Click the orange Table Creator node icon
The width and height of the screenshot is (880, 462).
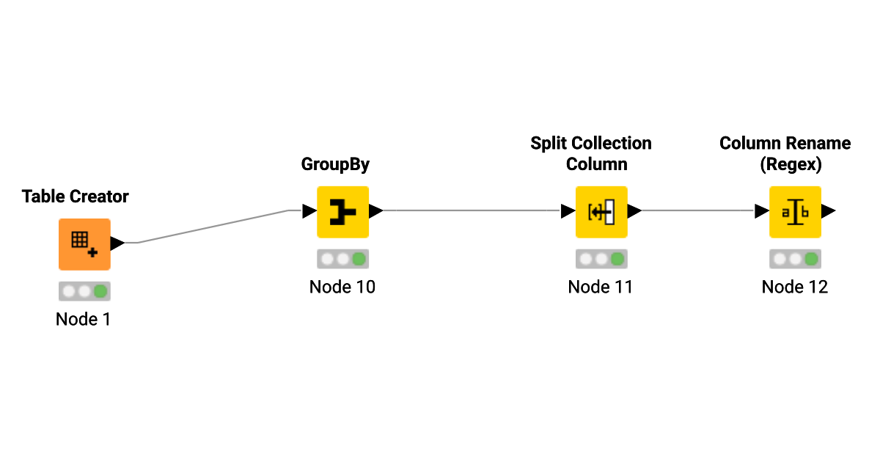84,244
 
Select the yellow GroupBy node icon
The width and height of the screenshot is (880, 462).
342,212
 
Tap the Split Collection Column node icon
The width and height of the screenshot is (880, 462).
601,212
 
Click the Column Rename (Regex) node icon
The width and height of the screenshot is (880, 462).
795,212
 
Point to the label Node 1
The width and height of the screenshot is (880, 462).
83,320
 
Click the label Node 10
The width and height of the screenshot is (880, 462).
342,287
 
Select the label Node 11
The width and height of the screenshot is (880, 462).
601,287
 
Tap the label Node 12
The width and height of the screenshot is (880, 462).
795,287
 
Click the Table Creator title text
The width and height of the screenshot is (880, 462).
75,197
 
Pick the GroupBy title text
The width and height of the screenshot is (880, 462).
335,164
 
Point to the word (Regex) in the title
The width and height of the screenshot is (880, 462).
791,165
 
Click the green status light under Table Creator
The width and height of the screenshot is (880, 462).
100,291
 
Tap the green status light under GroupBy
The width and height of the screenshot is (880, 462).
359,259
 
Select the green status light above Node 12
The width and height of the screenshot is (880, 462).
811,259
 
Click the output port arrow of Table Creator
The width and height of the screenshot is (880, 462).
117,243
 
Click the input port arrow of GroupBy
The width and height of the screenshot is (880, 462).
309,211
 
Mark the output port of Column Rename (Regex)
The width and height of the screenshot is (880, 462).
829,211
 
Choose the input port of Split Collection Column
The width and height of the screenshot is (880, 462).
568,211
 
